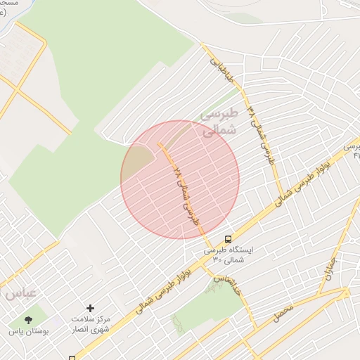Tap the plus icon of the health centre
tap(90, 308)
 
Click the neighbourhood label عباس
tap(19, 292)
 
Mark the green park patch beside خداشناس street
tap(204, 309)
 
